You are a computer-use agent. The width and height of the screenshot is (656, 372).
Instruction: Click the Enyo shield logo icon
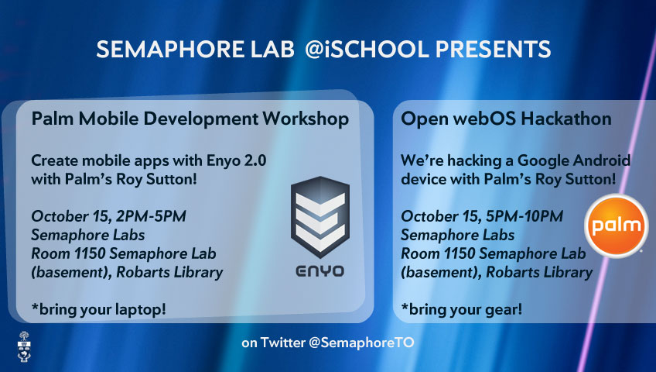tap(320, 217)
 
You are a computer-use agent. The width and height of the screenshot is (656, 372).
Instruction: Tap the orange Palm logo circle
tap(617, 226)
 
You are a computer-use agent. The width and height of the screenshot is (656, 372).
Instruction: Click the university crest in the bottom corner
tap(24, 346)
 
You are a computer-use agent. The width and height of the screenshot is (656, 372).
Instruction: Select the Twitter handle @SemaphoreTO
tap(361, 343)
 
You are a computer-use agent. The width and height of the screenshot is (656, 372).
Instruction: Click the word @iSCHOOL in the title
tap(367, 49)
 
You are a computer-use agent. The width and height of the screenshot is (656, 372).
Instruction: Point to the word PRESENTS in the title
tap(494, 49)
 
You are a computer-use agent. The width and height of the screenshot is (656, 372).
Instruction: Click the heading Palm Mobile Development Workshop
tap(190, 119)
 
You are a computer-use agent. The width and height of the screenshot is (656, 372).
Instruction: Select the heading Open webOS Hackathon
tap(506, 119)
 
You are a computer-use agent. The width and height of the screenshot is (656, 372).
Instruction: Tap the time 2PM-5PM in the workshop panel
tap(151, 216)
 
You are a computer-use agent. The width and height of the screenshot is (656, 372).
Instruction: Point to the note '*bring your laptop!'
tap(99, 309)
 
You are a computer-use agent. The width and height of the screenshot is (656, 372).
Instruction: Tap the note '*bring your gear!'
tap(462, 309)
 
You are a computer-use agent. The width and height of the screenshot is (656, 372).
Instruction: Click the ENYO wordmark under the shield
tap(320, 271)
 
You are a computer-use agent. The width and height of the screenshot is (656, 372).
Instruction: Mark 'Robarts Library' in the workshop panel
tap(169, 272)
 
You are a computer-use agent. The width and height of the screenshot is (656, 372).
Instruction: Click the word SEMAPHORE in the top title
tap(170, 49)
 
